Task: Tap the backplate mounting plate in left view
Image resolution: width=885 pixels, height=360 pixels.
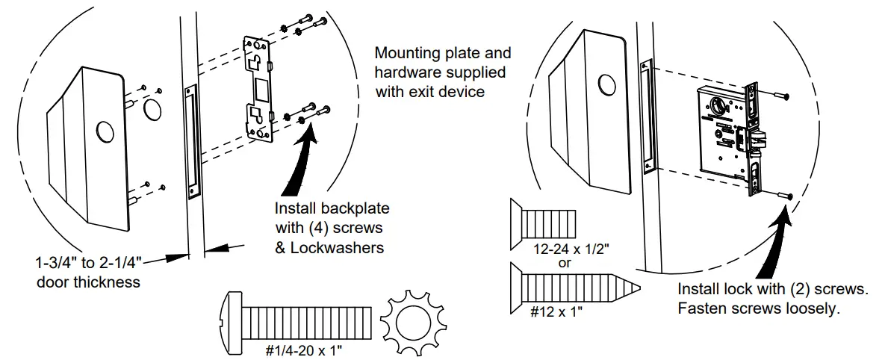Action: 258,88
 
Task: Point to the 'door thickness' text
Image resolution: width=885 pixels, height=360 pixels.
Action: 87,282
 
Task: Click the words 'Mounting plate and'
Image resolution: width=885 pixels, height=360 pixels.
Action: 442,54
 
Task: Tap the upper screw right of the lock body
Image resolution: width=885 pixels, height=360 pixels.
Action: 781,94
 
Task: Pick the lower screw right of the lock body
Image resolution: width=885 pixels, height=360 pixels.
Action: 784,196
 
